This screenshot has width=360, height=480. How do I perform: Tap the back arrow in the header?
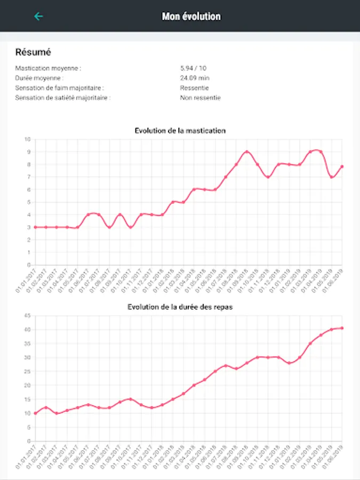point(38,17)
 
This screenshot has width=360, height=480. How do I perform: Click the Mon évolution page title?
point(191,17)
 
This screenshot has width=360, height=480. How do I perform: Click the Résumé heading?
point(33,52)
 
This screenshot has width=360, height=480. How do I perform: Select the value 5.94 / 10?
point(194,68)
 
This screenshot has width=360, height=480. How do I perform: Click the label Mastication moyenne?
point(48,68)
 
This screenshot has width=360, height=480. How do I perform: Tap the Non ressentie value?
point(200,98)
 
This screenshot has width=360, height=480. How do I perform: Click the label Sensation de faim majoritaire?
point(59,88)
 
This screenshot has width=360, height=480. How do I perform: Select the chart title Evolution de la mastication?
point(180,130)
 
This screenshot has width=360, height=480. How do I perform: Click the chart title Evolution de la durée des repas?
point(180,307)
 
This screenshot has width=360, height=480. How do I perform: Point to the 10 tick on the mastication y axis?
point(27,139)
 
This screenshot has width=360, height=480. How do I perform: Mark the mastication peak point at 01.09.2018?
point(246,151)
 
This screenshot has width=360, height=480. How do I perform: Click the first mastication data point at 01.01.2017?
point(35,227)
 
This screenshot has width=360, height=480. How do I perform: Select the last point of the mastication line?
point(342,166)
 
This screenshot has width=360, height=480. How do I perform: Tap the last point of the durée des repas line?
point(342,328)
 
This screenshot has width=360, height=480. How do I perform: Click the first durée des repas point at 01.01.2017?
point(35,413)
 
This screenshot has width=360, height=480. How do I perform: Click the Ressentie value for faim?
point(194,88)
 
